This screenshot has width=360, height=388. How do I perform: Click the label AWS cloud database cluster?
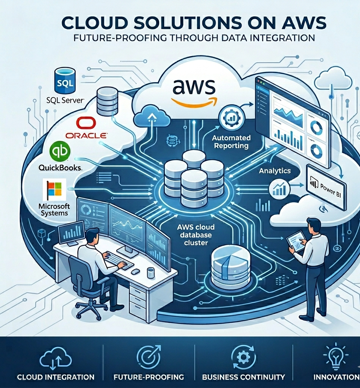click(196, 235)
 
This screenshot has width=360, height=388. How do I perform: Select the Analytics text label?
click(275, 171)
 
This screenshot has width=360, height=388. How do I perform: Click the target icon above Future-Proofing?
click(148, 357)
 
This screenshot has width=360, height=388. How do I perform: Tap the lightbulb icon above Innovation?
click(334, 356)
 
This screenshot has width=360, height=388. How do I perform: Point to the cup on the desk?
click(151, 272)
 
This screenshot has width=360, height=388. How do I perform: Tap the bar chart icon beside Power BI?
click(280, 188)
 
